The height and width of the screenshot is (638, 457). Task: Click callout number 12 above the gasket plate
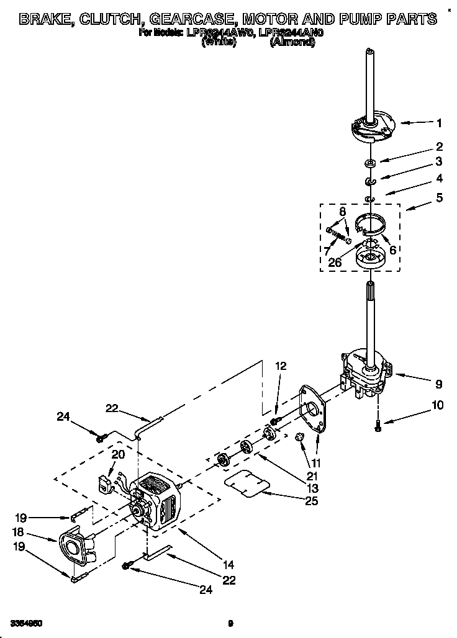tap(281, 366)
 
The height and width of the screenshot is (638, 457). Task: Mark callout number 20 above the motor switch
tap(117, 454)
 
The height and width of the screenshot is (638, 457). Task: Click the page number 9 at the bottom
tap(230, 622)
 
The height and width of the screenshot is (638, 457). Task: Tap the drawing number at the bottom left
tap(26, 622)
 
